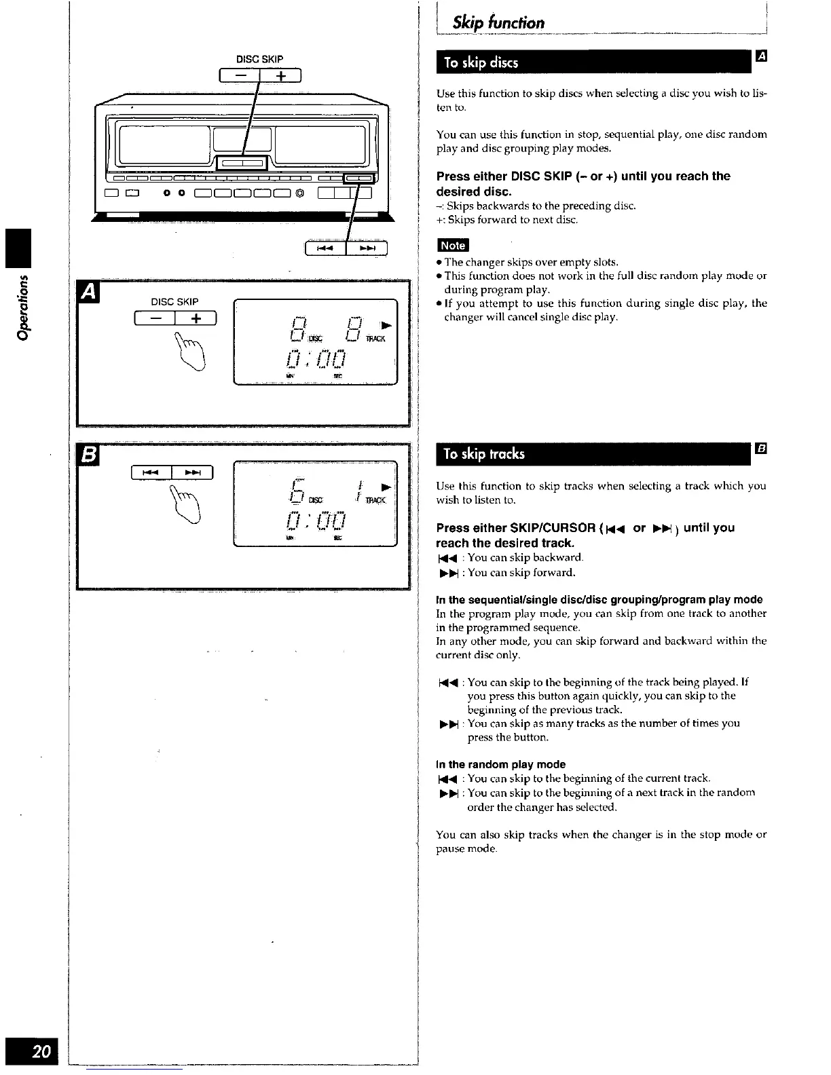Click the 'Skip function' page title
click(x=498, y=23)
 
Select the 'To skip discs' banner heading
click(x=481, y=63)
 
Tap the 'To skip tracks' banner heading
click(x=483, y=454)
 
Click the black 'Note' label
click(x=453, y=246)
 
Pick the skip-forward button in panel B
click(x=193, y=472)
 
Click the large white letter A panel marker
click(x=89, y=293)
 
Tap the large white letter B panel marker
click(x=89, y=455)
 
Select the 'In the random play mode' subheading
click(x=500, y=764)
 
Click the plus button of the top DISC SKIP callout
click(x=280, y=77)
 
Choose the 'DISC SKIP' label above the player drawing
click(x=259, y=59)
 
